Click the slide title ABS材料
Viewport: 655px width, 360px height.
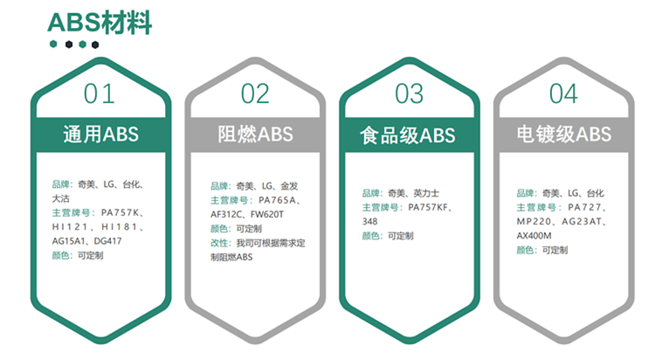click(100, 23)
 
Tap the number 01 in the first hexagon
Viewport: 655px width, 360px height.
click(99, 93)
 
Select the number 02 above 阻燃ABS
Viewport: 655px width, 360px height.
click(255, 93)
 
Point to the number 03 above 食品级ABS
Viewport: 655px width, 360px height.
click(410, 93)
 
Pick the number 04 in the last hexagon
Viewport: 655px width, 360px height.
click(563, 93)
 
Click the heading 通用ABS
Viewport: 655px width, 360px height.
click(100, 135)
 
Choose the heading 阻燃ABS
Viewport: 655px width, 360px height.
click(255, 135)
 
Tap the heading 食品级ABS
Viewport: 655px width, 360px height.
click(408, 135)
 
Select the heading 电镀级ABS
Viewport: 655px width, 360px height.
click(564, 135)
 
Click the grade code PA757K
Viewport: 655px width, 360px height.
click(120, 212)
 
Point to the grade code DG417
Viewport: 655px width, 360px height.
click(107, 241)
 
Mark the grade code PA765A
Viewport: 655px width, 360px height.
click(277, 200)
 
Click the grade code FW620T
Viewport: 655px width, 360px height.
click(267, 214)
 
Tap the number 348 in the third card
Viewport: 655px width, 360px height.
click(369, 221)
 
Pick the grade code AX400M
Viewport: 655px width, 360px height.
click(534, 235)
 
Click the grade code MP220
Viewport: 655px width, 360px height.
click(534, 221)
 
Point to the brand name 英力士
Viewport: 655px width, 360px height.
click(426, 193)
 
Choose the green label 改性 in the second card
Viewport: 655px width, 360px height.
click(219, 243)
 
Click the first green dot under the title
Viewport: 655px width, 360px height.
click(53, 44)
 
